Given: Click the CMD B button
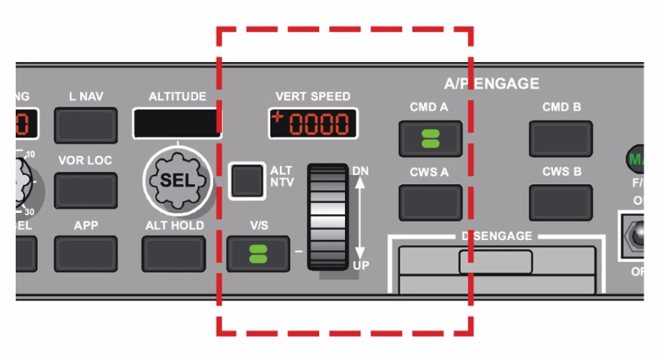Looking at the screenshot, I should [561, 138].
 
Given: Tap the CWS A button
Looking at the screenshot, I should [431, 202].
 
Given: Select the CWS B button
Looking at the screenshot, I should [561, 202].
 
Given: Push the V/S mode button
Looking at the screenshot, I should [259, 254].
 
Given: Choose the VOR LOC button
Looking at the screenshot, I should [86, 190].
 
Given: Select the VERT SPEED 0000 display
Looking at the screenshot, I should [314, 124].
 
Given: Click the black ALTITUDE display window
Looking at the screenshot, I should [177, 122].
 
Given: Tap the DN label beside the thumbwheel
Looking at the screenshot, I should [361, 171].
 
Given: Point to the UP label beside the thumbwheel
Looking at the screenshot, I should [361, 264].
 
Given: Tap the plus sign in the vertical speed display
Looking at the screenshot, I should [277, 117].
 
